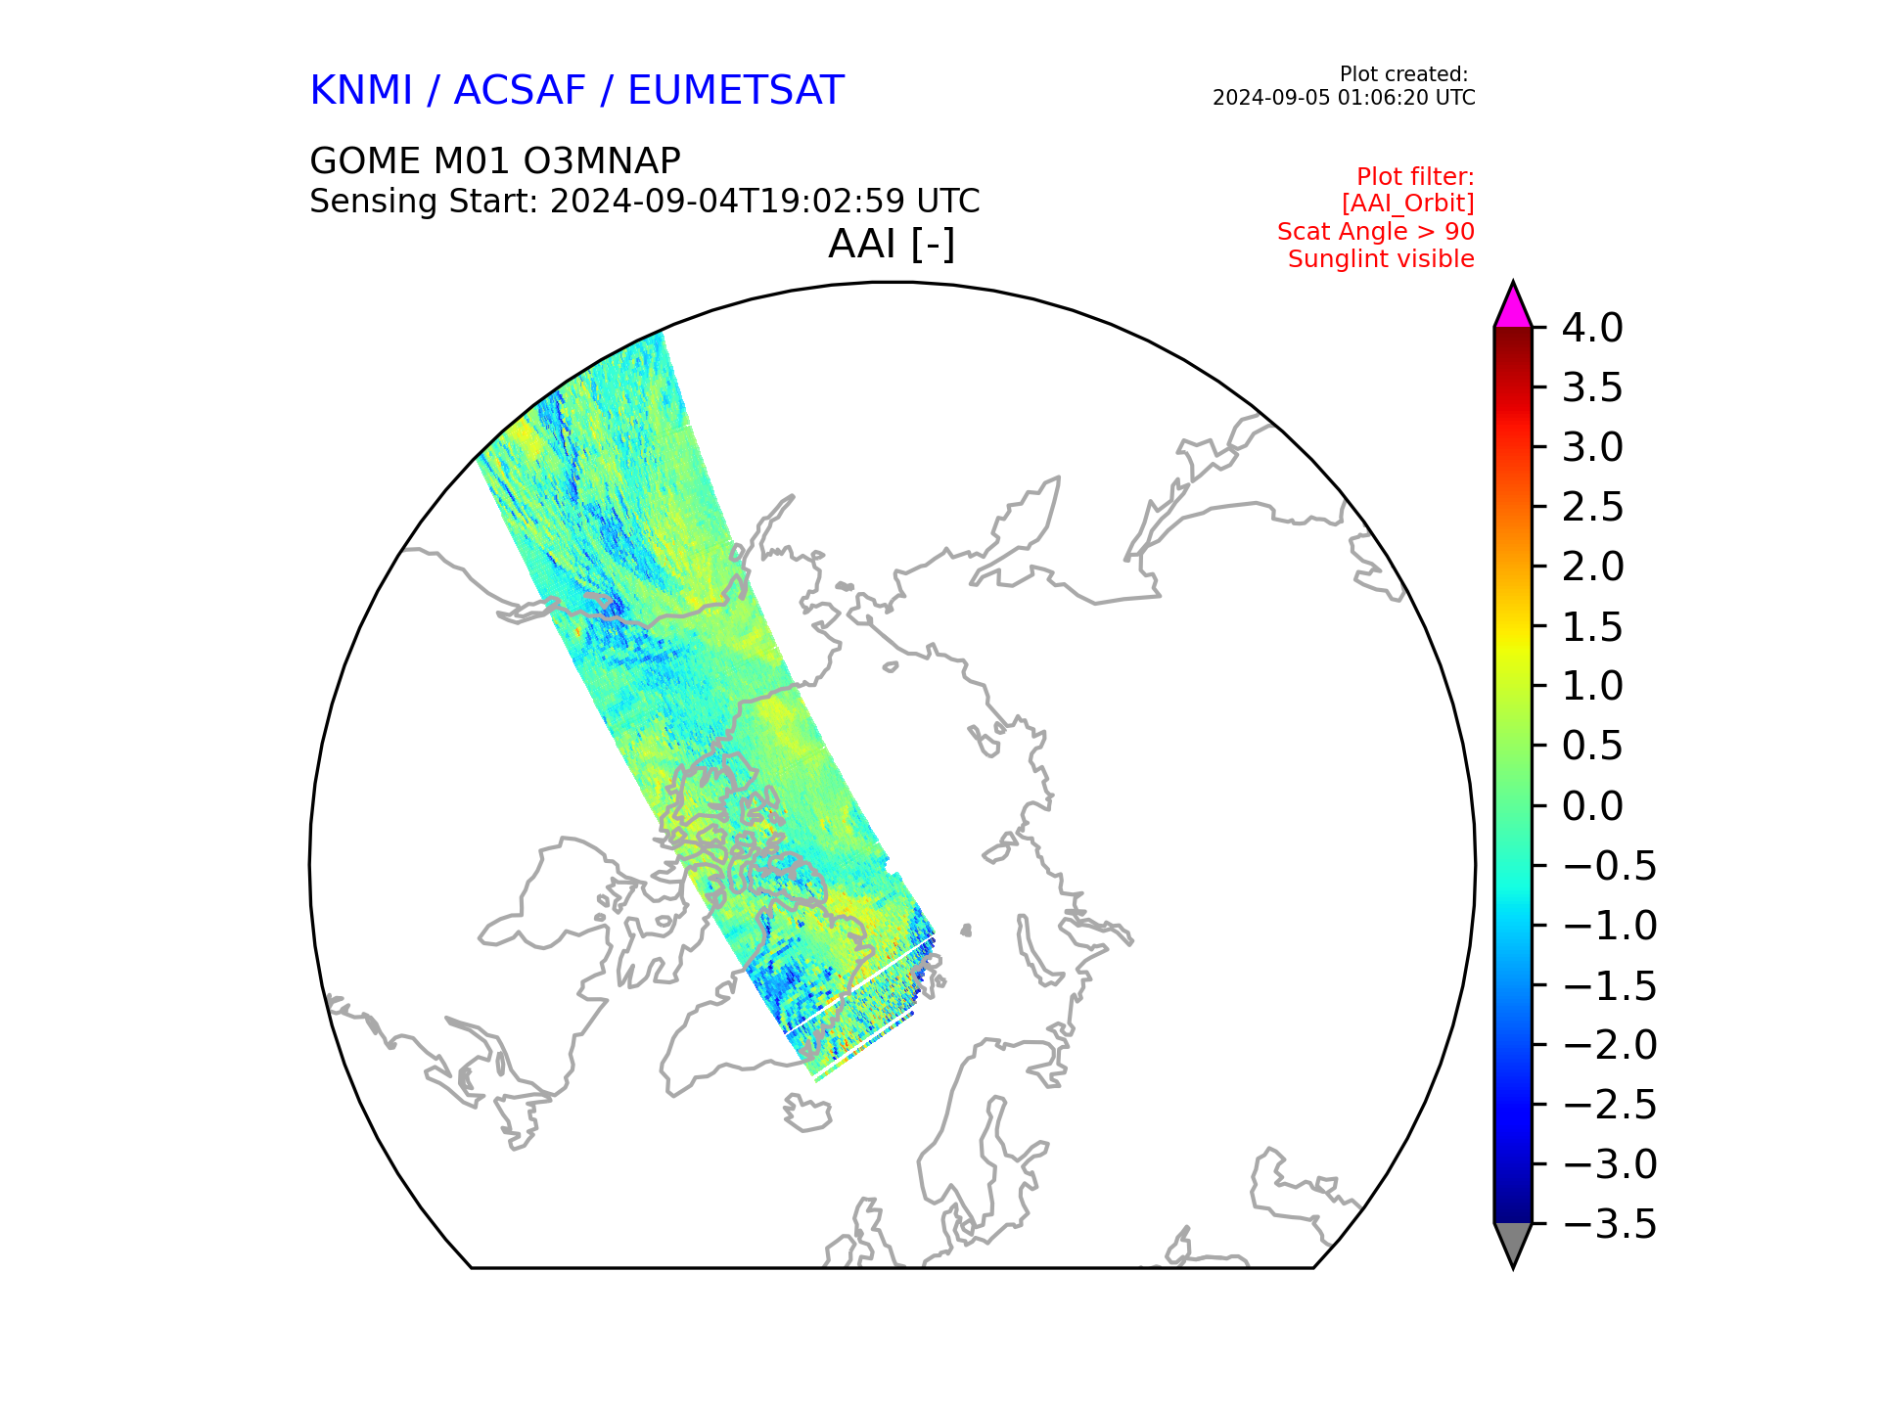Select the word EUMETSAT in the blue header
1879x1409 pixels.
coord(736,90)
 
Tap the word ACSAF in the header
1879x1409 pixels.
coord(520,90)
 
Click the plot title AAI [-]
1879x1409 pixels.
coord(892,244)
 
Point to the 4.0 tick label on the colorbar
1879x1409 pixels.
coord(1592,328)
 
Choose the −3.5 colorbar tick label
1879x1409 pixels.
coord(1610,1224)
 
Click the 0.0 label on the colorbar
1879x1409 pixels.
coord(1592,806)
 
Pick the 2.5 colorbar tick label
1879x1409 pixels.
coord(1592,507)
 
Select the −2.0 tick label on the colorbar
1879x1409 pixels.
coord(1610,1045)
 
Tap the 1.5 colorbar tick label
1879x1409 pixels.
coord(1592,627)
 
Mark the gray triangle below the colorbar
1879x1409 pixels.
coord(1513,1244)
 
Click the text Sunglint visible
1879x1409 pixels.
coord(1381,259)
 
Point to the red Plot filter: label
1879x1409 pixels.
coord(1415,177)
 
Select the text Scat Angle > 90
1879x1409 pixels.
coord(1375,232)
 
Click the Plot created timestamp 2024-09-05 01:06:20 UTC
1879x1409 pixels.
coord(1344,98)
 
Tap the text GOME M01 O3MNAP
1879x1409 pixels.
coord(495,160)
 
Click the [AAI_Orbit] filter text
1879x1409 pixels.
coord(1408,204)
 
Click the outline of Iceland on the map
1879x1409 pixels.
coord(807,1113)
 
